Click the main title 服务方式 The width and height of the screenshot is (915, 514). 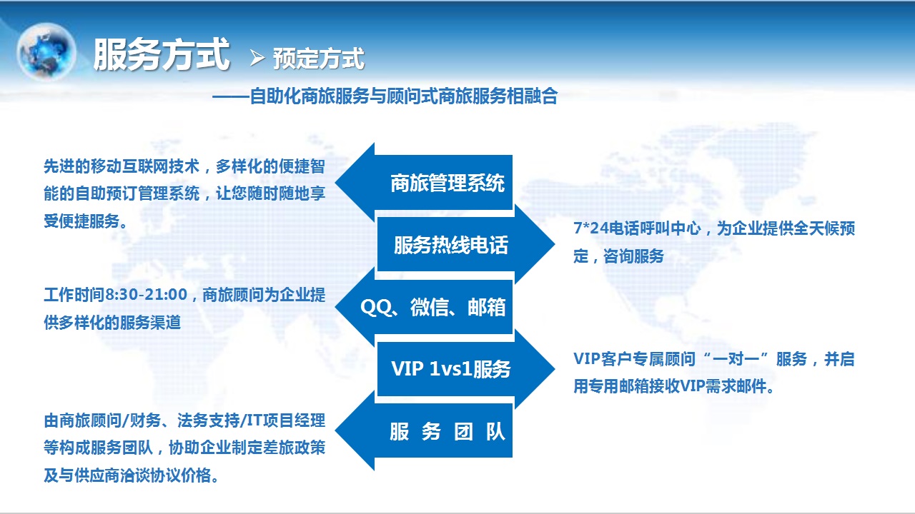pyautogui.click(x=162, y=54)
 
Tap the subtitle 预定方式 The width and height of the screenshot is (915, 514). pyautogui.click(x=319, y=59)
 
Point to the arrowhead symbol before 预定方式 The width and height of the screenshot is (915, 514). pyautogui.click(x=257, y=58)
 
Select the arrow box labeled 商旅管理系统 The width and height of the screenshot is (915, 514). pyautogui.click(x=424, y=182)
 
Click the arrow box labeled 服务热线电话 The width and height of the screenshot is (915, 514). pyautogui.click(x=466, y=244)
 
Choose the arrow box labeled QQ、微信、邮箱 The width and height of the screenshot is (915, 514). pyautogui.click(x=424, y=307)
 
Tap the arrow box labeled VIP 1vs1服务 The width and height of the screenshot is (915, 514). pyautogui.click(x=466, y=369)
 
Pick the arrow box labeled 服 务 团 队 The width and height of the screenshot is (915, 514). pyautogui.click(x=424, y=430)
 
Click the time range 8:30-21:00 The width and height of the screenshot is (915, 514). pyautogui.click(x=147, y=295)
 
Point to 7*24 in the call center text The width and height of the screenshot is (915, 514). pyautogui.click(x=590, y=228)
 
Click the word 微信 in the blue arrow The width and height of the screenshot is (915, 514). pyautogui.click(x=429, y=307)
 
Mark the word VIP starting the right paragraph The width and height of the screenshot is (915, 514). pyautogui.click(x=587, y=359)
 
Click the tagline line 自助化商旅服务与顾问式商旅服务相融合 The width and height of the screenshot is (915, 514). pyautogui.click(x=404, y=96)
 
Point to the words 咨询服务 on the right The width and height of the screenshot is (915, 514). pyautogui.click(x=633, y=256)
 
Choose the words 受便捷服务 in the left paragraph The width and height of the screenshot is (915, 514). pyautogui.click(x=81, y=221)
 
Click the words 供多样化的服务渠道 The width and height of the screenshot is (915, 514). pyautogui.click(x=112, y=322)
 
